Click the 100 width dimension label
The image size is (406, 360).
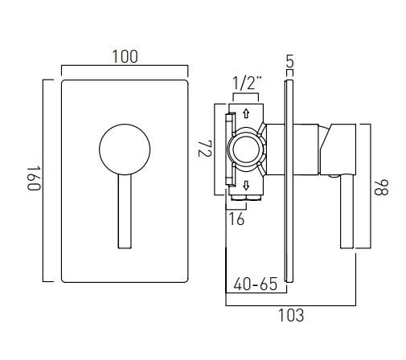pos(125,56)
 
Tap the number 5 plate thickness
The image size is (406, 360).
pos(289,60)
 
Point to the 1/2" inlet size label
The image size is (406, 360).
pos(246,83)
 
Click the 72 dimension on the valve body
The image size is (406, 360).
pos(204,150)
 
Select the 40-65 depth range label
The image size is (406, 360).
pos(255,284)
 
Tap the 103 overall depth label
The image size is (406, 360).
pos(291,315)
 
